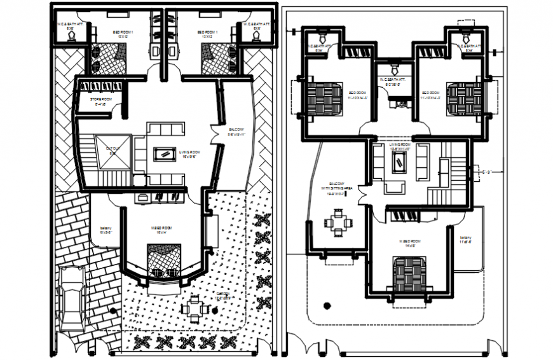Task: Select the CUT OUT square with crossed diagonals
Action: [112, 153]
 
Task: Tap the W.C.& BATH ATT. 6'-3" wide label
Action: [392, 81]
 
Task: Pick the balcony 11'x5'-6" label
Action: [465, 240]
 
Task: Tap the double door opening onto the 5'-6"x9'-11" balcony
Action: [214, 132]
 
